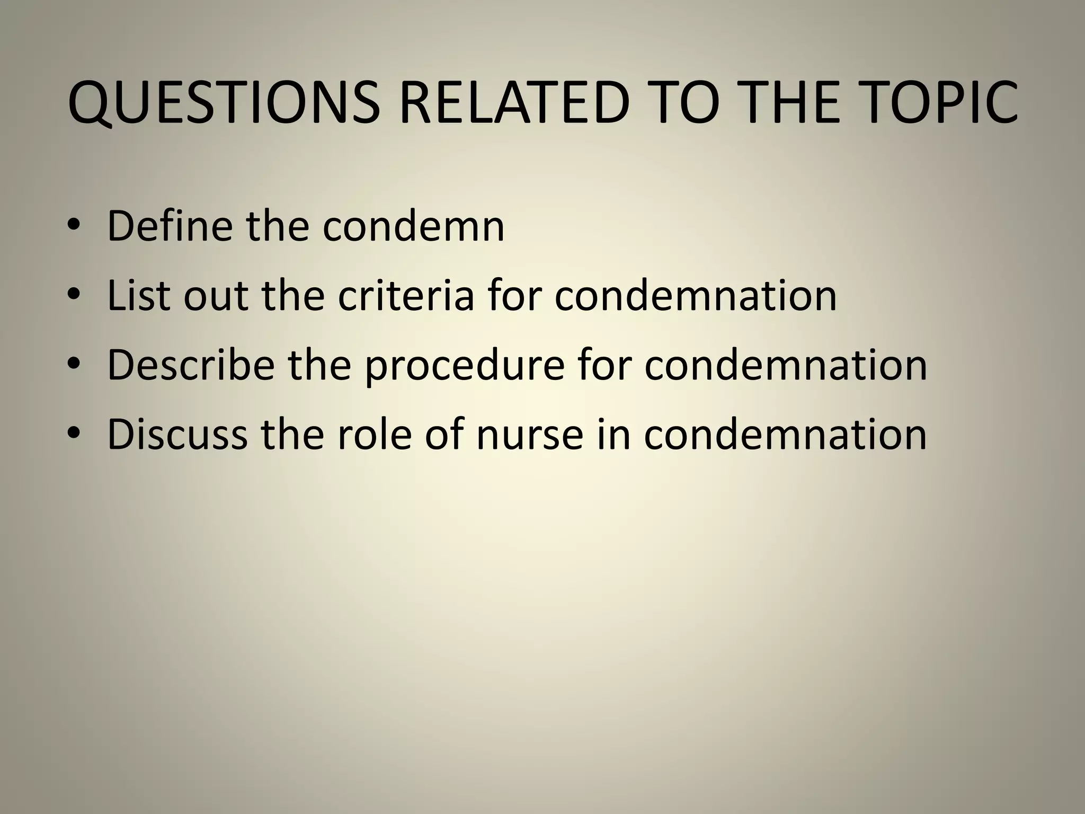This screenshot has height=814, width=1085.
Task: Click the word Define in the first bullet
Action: [170, 226]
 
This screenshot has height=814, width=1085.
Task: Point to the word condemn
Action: [413, 226]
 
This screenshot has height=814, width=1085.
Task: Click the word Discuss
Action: [177, 434]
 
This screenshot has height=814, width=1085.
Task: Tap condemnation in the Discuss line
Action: [785, 434]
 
